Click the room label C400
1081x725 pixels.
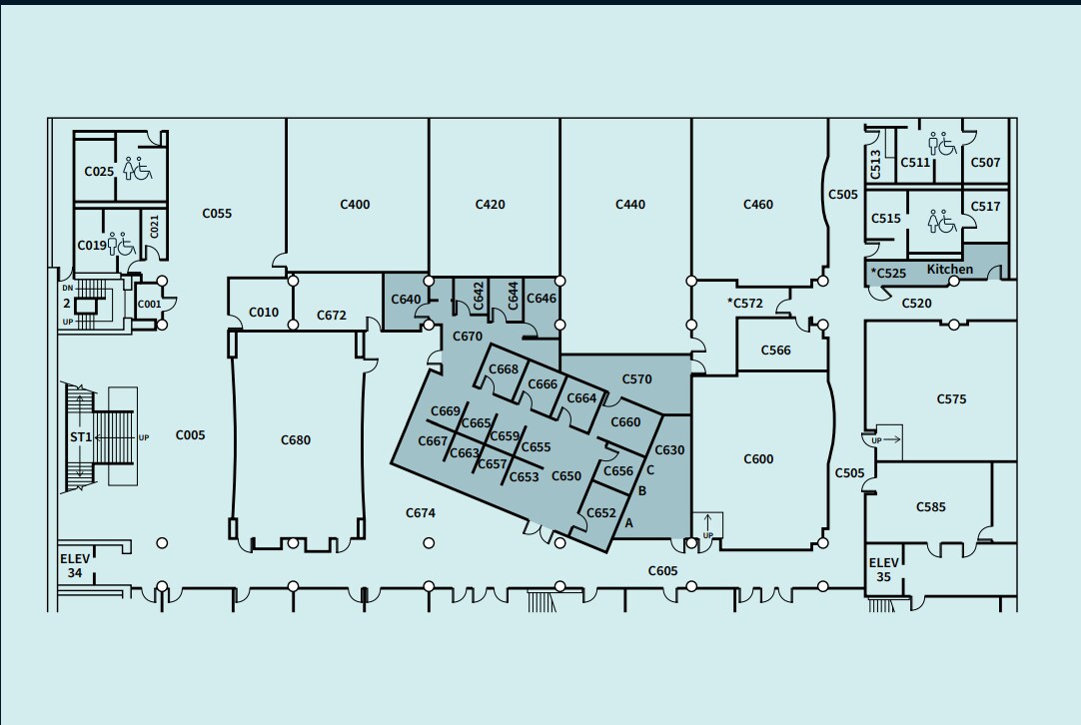coord(355,205)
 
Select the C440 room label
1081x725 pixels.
coord(630,205)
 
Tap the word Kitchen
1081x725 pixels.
coord(949,270)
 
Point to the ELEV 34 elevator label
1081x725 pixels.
coord(75,566)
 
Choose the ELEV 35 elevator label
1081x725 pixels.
coord(883,569)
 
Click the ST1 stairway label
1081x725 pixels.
coord(80,437)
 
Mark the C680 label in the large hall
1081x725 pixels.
coord(296,439)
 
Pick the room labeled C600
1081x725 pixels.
coord(758,459)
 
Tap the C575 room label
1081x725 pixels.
coord(951,399)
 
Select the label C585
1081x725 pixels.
coord(930,507)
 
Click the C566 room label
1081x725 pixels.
coord(775,351)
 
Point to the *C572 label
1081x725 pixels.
coord(744,303)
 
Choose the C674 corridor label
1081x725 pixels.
coord(421,513)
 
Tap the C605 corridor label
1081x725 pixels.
coord(662,571)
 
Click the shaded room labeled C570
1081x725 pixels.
coord(636,379)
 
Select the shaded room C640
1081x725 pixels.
coord(406,300)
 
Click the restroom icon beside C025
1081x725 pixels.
coord(137,169)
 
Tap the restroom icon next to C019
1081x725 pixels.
coord(121,244)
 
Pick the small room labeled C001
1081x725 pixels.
coord(149,305)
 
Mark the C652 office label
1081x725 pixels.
coord(601,513)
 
